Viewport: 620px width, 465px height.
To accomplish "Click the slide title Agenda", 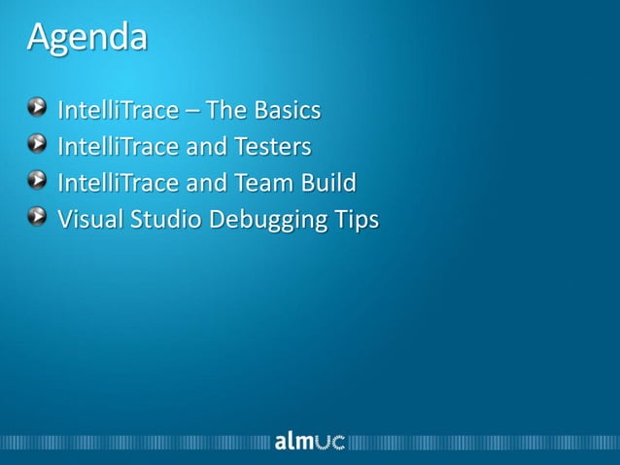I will coord(87,38).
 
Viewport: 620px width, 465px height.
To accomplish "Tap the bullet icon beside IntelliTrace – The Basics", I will coord(36,109).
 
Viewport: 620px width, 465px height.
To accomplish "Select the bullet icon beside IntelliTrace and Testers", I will coord(36,145).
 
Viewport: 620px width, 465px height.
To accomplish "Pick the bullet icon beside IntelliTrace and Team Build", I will coord(36,181).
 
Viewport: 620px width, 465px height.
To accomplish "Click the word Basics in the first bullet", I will coord(289,110).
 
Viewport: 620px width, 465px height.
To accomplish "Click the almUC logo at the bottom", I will coord(309,442).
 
